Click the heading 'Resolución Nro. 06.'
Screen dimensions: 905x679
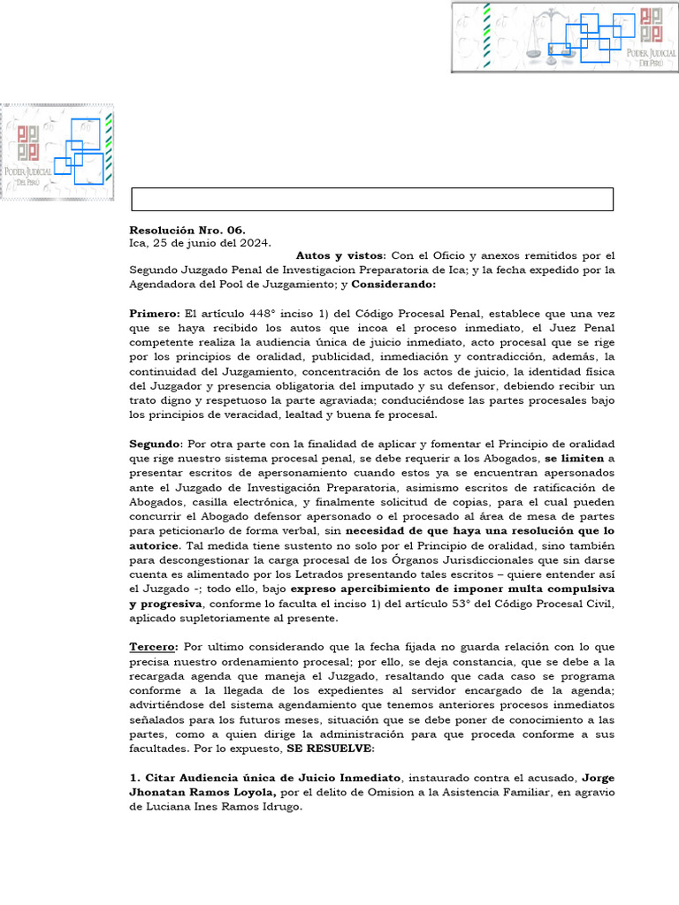pyautogui.click(x=187, y=230)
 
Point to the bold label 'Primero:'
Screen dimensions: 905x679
pyautogui.click(x=154, y=314)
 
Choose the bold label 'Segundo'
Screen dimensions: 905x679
pyautogui.click(x=155, y=444)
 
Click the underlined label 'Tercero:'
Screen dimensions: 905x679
pyautogui.click(x=155, y=647)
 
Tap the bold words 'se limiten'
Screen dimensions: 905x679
pyautogui.click(x=575, y=458)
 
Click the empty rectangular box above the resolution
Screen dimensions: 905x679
pyautogui.click(x=372, y=200)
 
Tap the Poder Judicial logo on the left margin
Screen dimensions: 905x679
pyautogui.click(x=57, y=152)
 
